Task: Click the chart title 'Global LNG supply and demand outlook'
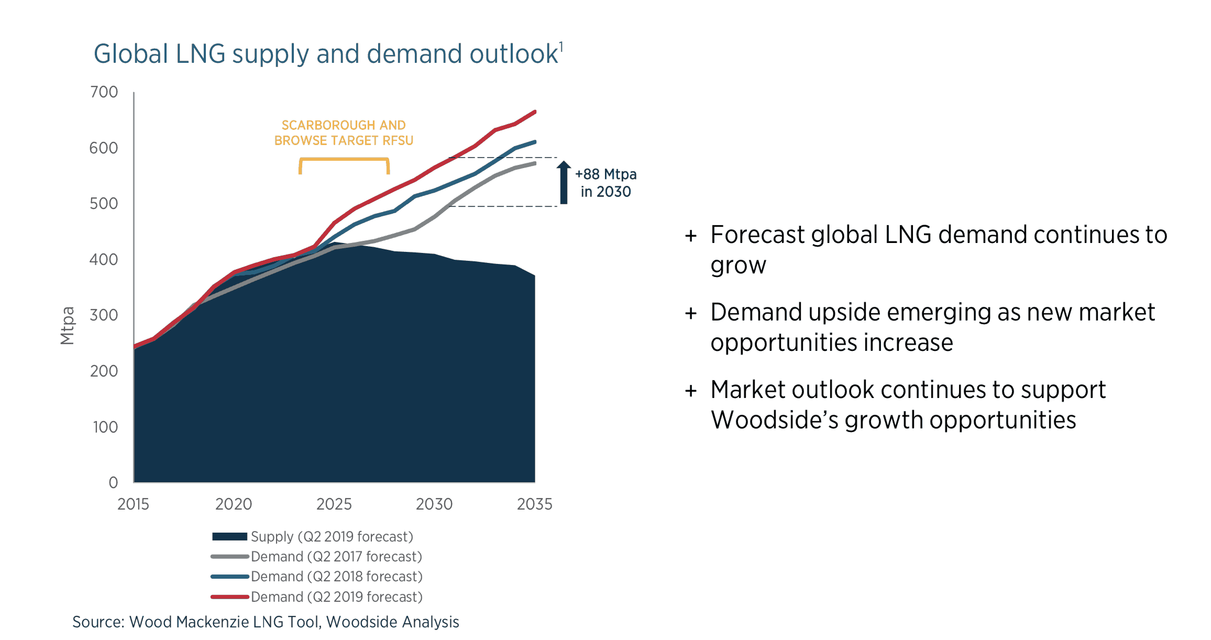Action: click(x=325, y=54)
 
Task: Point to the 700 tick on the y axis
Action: click(x=104, y=92)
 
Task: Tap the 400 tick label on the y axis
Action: click(x=104, y=259)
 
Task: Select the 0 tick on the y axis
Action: click(x=113, y=482)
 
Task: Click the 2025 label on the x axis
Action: click(x=334, y=504)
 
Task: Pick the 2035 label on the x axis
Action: click(x=534, y=504)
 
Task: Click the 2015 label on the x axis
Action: click(x=133, y=504)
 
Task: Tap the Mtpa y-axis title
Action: click(x=68, y=325)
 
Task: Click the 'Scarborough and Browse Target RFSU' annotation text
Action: click(x=344, y=133)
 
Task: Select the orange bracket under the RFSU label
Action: click(x=344, y=160)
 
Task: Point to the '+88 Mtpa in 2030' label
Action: click(x=605, y=183)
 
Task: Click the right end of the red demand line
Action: click(x=534, y=112)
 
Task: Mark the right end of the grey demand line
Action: click(x=534, y=163)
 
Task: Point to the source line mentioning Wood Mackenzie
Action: click(x=266, y=622)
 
